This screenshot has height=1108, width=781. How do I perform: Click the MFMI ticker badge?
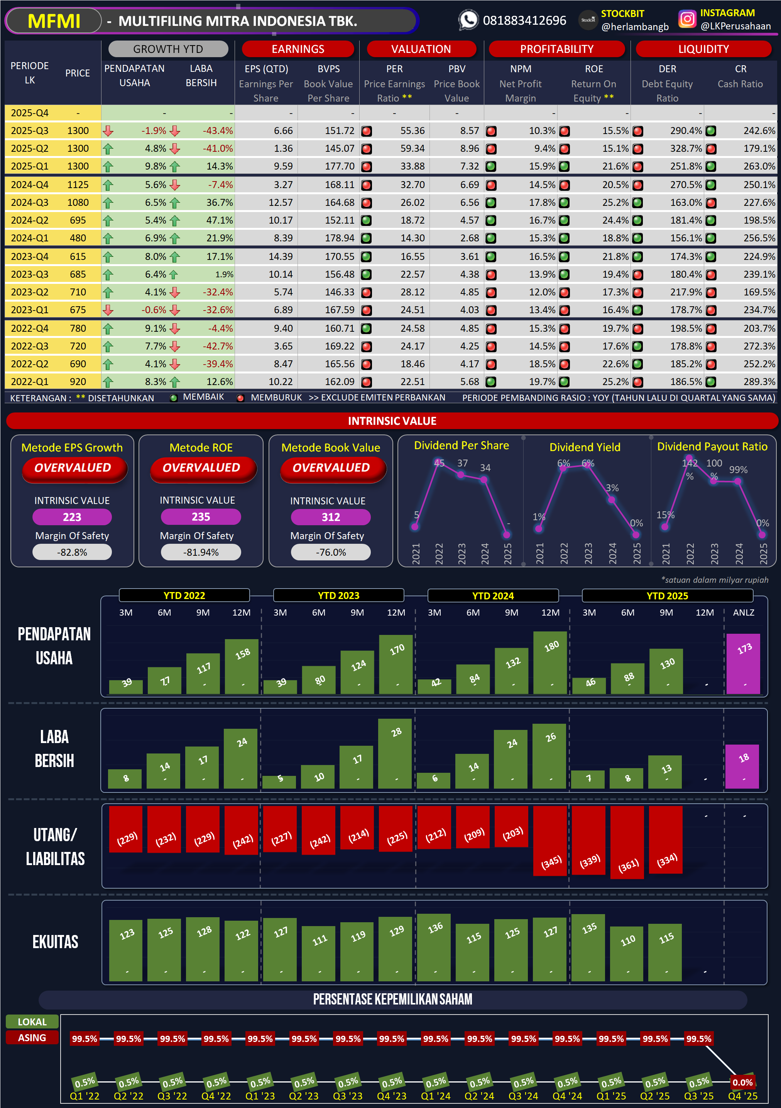tap(54, 21)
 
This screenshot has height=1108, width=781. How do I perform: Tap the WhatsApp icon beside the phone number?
tap(468, 20)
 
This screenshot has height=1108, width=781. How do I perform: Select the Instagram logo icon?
tap(687, 19)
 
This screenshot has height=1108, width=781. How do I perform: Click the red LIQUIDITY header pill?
tap(703, 49)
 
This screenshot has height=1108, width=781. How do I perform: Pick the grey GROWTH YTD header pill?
tap(168, 49)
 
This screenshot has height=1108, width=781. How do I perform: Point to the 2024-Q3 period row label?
tap(29, 203)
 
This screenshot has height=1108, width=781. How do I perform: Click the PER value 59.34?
tap(412, 148)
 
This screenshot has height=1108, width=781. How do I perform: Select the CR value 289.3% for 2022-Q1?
tap(759, 382)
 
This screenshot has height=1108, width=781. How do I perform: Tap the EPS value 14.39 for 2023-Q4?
tap(280, 257)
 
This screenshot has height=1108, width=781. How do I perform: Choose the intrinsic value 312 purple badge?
tap(331, 517)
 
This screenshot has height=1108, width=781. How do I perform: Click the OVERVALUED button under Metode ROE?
tap(201, 468)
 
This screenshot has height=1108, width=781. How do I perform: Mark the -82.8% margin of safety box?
tap(72, 552)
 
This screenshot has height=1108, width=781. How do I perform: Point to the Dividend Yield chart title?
tap(585, 447)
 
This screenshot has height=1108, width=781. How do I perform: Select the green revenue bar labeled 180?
tap(550, 662)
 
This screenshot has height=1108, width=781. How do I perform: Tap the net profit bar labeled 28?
tap(395, 753)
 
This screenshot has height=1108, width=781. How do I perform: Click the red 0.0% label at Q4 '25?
tap(742, 1083)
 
